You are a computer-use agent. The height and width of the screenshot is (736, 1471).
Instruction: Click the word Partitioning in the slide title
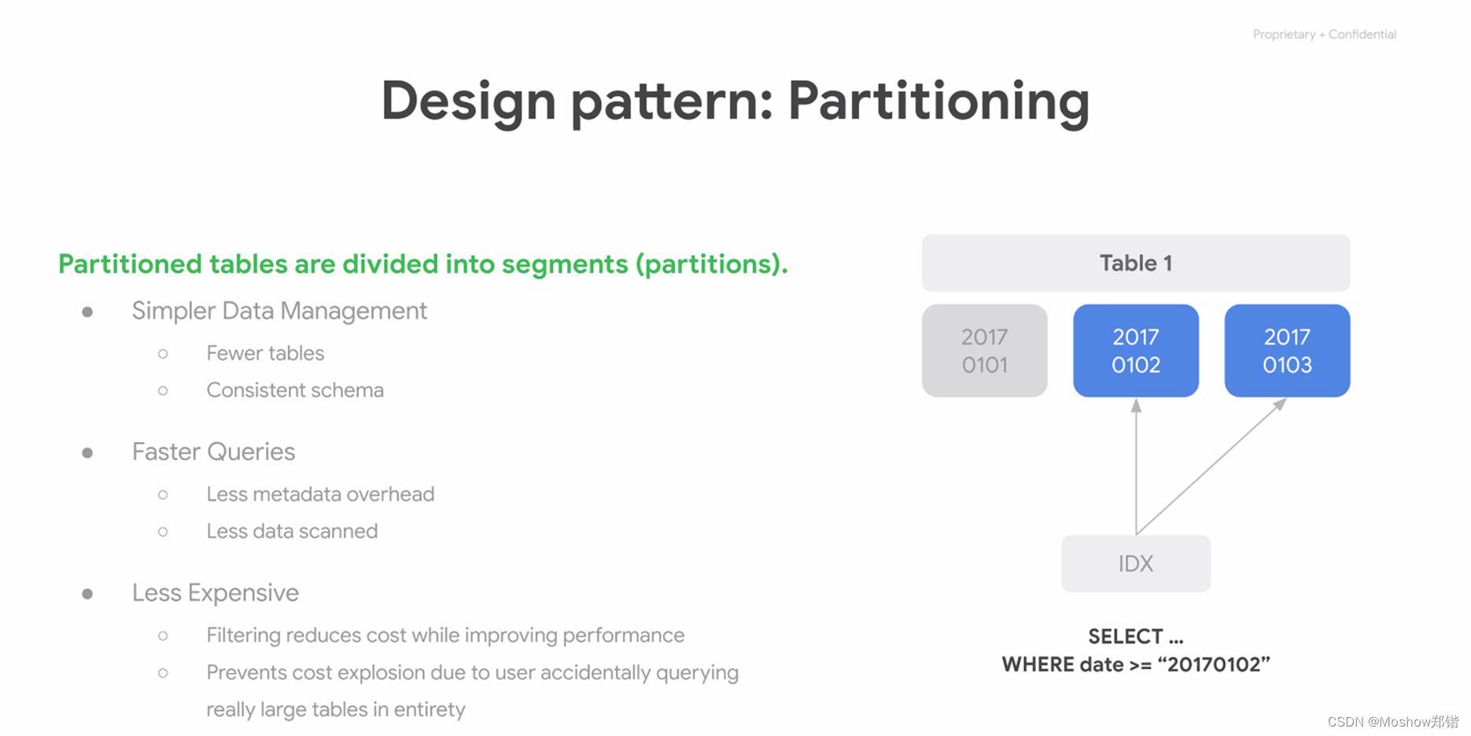[938, 102]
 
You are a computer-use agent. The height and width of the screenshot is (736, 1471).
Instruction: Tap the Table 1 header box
[1136, 263]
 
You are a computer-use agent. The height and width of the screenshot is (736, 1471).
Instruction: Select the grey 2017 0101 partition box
[985, 351]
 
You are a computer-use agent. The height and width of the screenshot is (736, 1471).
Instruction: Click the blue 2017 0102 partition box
[1136, 351]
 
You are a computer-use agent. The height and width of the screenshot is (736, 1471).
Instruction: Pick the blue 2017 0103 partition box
[1288, 351]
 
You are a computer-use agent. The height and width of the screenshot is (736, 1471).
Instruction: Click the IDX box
[1136, 564]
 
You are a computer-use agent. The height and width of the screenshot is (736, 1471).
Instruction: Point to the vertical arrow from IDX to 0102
[1136, 467]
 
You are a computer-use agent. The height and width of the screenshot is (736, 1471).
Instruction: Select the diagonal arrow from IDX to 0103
[1211, 467]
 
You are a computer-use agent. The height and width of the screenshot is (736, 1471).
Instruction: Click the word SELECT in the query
[1126, 636]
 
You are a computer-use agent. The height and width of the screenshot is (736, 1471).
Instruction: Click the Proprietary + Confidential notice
[1325, 35]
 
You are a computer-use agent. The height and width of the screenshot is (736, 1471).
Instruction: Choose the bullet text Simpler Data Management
[279, 311]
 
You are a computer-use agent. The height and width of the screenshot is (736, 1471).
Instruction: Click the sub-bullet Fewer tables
[265, 353]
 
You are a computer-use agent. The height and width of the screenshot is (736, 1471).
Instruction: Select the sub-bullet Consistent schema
[295, 390]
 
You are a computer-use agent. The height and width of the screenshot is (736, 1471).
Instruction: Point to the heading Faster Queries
[213, 452]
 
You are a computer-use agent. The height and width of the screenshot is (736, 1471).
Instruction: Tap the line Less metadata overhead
[320, 494]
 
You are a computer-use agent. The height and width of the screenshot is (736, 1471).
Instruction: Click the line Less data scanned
[292, 531]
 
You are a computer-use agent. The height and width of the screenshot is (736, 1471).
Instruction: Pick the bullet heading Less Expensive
[216, 593]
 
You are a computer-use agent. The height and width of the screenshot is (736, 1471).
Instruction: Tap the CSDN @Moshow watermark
[1393, 722]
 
